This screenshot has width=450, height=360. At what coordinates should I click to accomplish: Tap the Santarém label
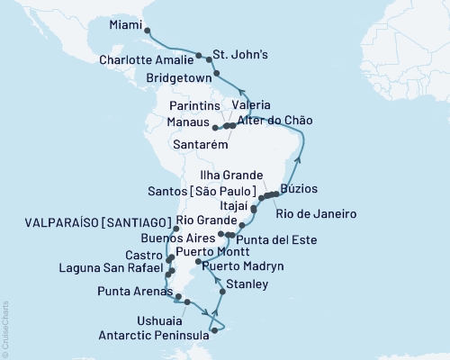(x=201, y=145)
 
